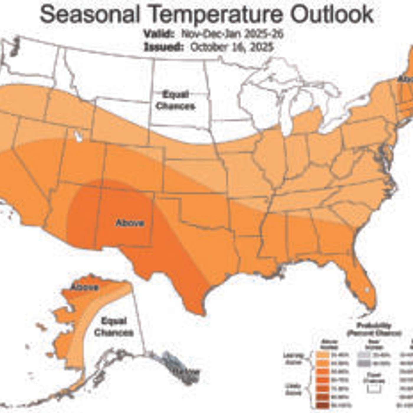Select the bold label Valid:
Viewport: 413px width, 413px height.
point(159,34)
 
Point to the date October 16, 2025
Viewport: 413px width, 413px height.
point(232,47)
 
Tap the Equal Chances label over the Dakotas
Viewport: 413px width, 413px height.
point(176,100)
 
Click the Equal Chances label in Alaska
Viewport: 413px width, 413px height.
point(114,327)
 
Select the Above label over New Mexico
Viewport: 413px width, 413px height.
point(130,223)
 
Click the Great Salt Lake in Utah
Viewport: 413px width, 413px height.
point(78,136)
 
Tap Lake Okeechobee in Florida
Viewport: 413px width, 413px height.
point(367,290)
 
